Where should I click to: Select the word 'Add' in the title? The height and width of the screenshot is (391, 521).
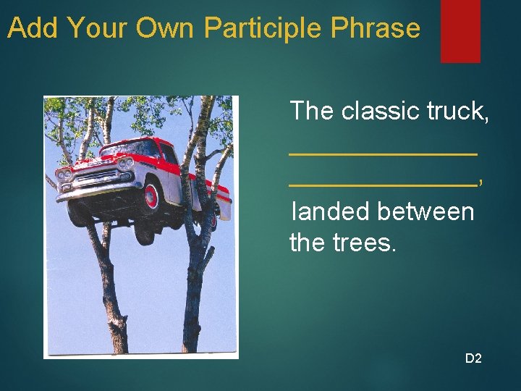33,28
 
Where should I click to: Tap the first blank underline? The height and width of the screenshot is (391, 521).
383,153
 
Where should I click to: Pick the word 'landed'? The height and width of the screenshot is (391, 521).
329,212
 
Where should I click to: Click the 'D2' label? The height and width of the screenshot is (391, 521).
473,358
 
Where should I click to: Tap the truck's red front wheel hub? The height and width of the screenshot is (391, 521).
151,195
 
